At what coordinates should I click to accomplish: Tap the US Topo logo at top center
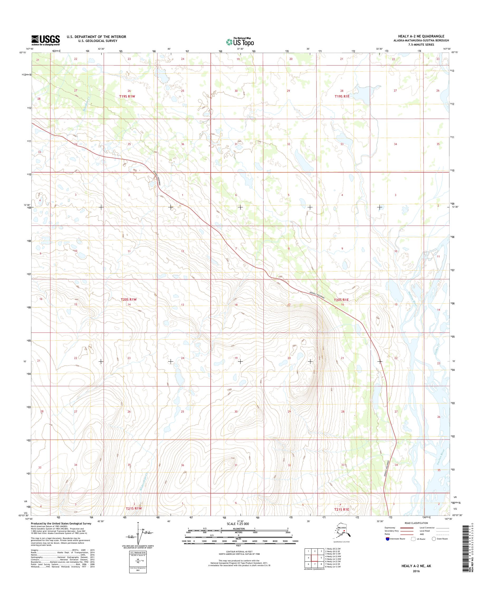coord(240,42)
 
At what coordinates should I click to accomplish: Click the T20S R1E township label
coord(341,300)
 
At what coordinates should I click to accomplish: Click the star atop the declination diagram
coord(138,523)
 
